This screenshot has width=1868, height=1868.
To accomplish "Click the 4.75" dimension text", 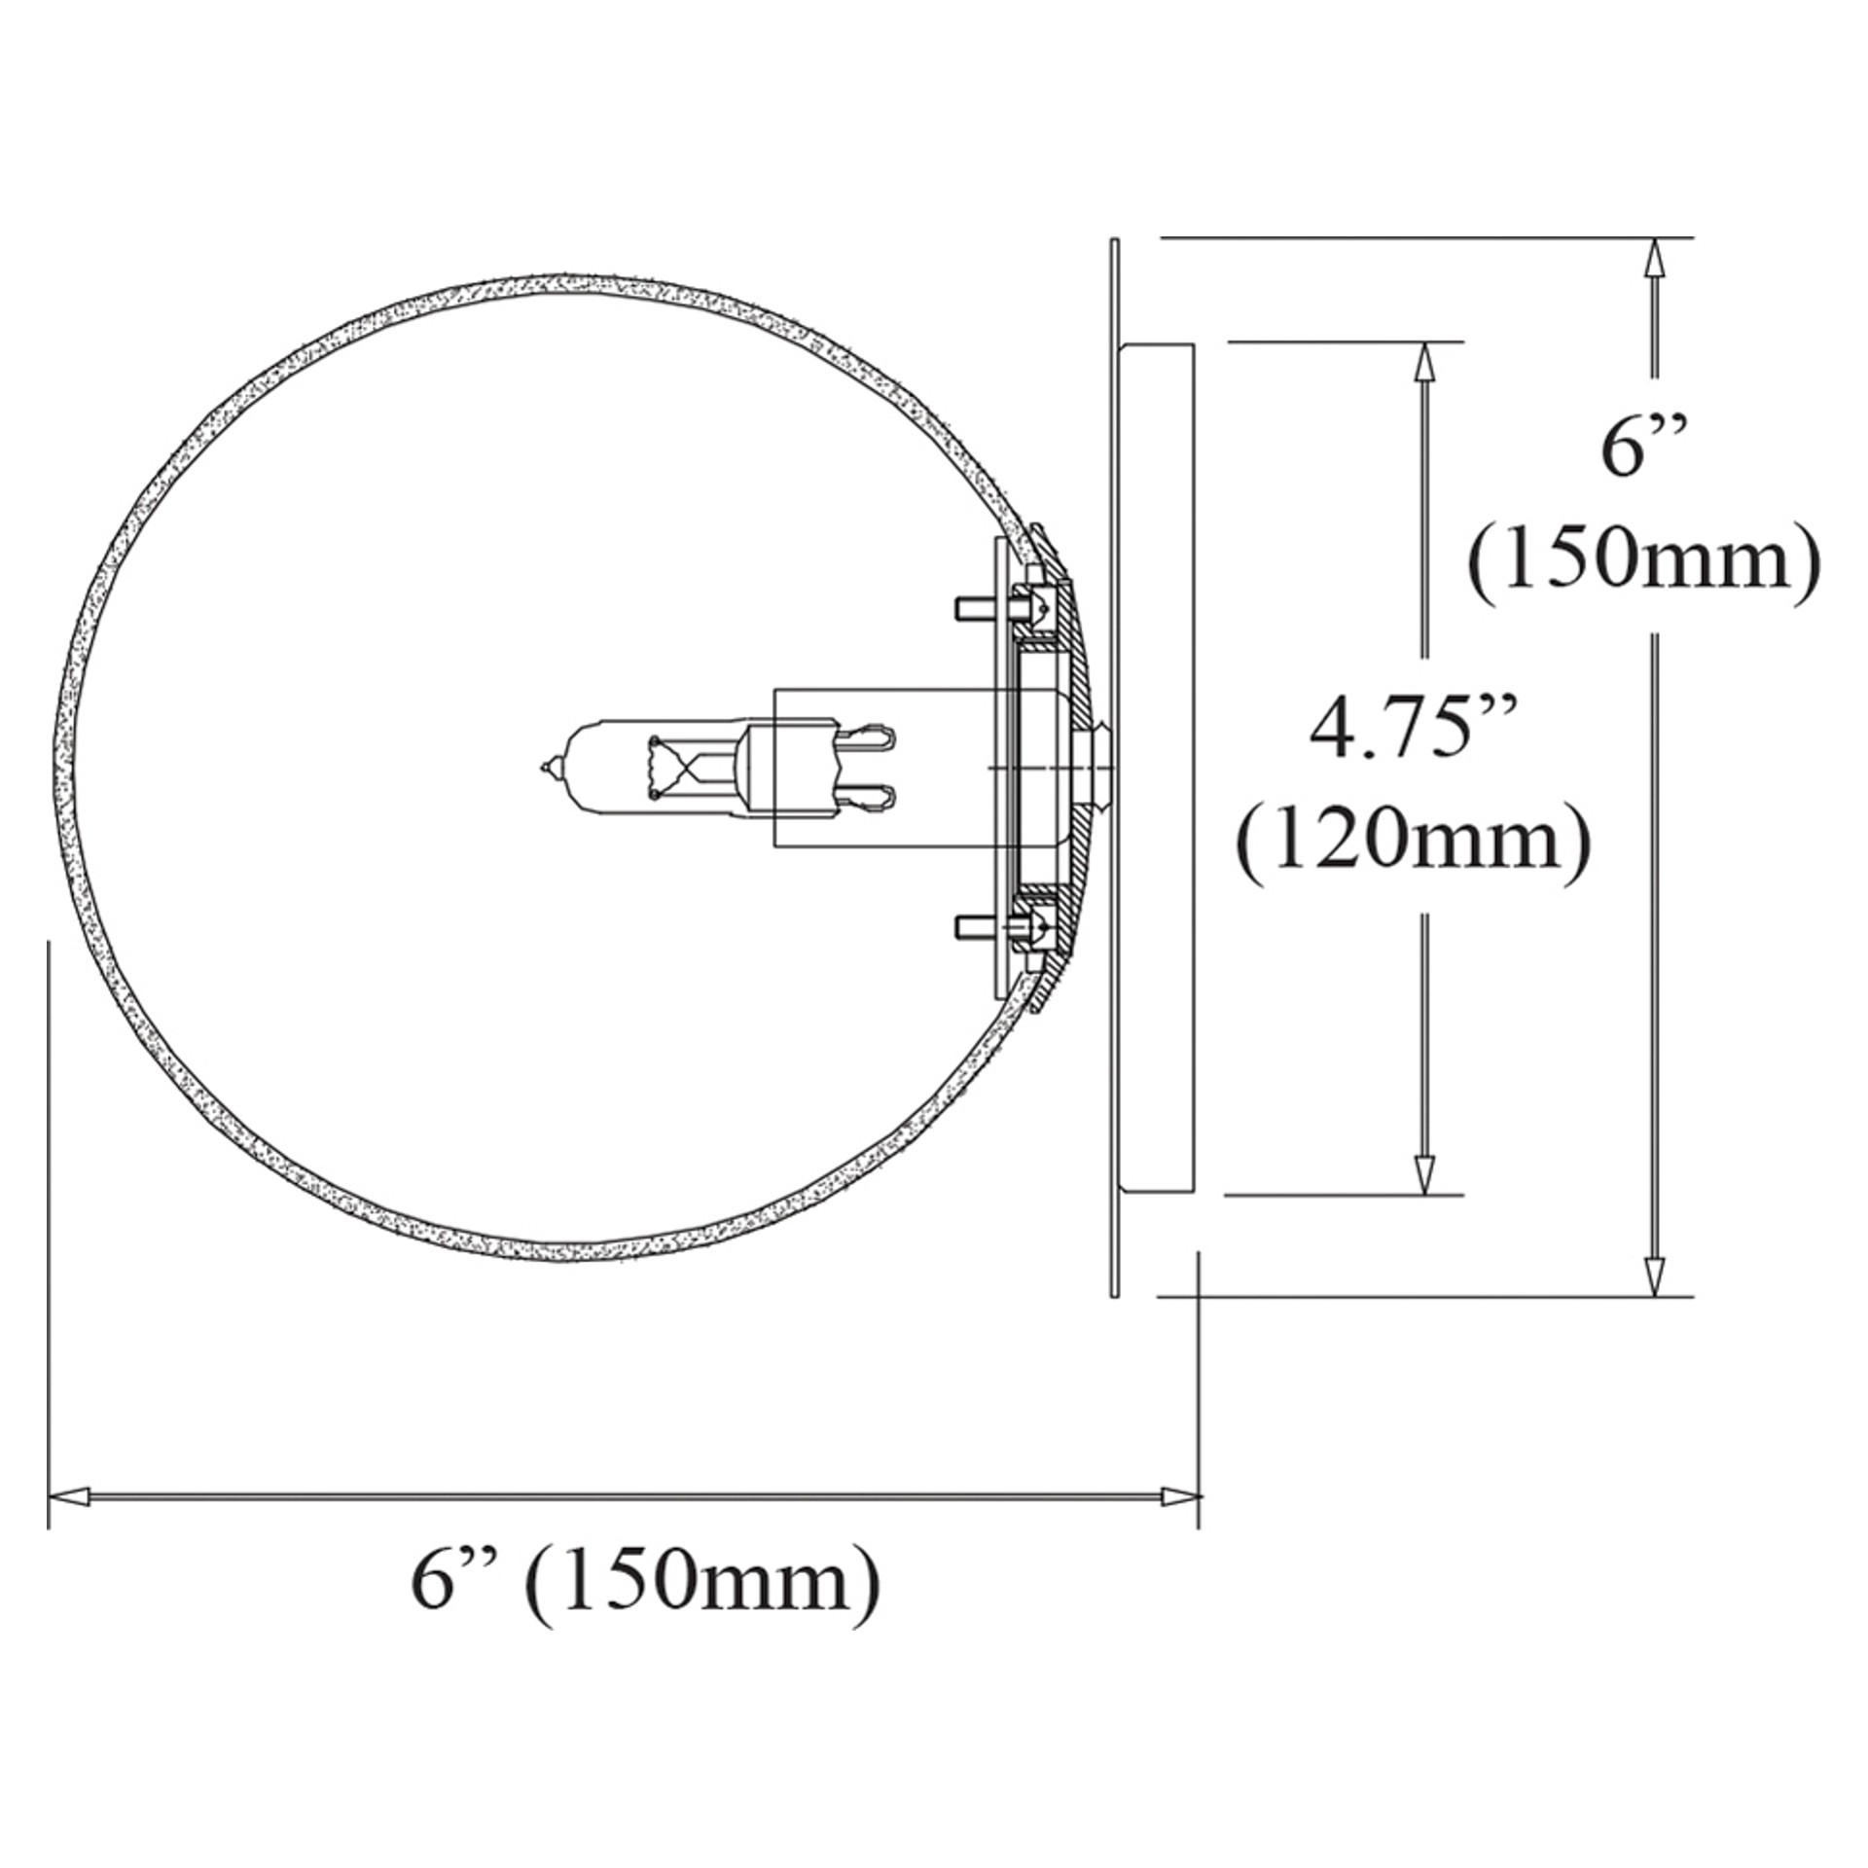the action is click(1413, 729).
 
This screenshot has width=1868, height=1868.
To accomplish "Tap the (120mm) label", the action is click(1414, 838).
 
